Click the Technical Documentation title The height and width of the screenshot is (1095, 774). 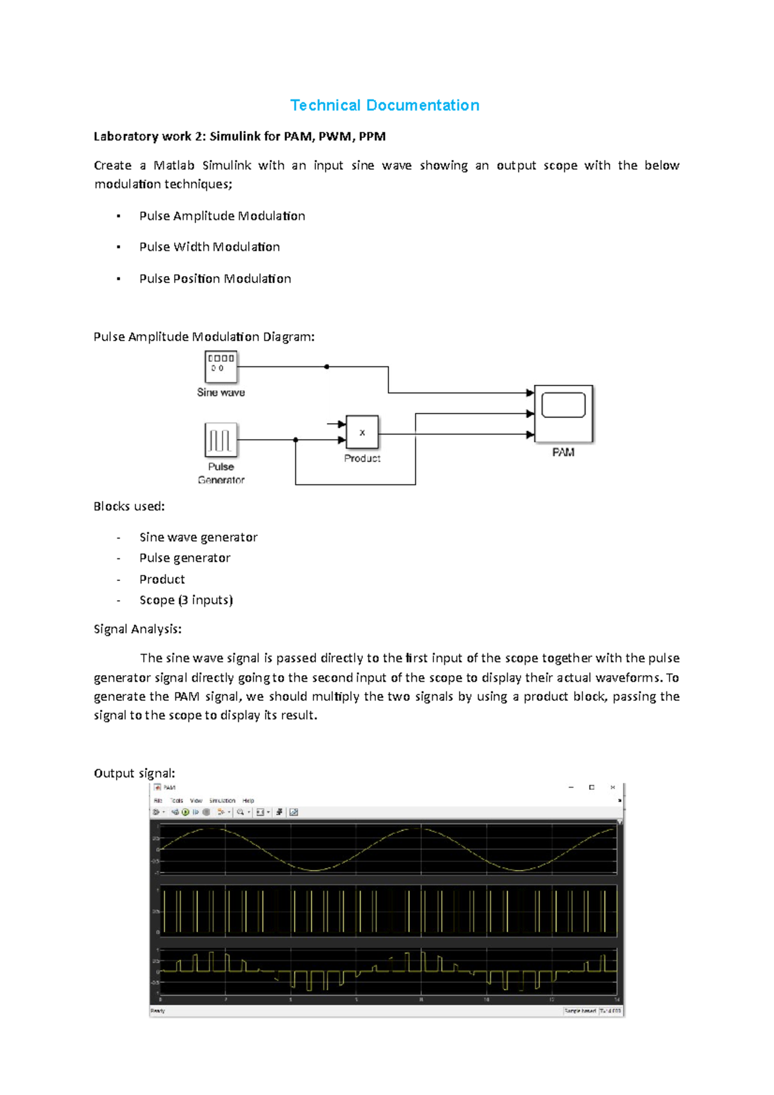(x=384, y=105)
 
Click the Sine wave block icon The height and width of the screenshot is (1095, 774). (x=221, y=367)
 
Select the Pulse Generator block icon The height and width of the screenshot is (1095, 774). (x=221, y=440)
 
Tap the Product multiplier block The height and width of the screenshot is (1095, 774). (x=362, y=432)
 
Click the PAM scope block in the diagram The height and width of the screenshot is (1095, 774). (x=563, y=413)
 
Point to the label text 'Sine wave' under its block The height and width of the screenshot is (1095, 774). (x=221, y=392)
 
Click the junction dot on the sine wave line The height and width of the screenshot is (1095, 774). (x=327, y=366)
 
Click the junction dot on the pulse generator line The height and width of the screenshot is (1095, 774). (x=295, y=440)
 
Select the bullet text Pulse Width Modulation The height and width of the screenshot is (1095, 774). (x=210, y=247)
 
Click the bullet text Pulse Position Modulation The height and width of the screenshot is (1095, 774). (x=215, y=279)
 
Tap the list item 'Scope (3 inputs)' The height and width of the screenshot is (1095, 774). (x=186, y=600)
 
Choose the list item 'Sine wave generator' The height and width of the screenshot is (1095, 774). (x=198, y=537)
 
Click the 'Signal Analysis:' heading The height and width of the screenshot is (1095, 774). (x=137, y=629)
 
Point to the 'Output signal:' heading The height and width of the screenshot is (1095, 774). (x=134, y=773)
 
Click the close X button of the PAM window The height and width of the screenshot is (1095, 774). (x=613, y=787)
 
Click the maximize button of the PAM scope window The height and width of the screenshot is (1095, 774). (x=591, y=787)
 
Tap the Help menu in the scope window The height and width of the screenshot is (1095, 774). (x=248, y=800)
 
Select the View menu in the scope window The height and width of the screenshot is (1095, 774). (x=196, y=800)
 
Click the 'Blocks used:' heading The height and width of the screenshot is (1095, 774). (x=129, y=506)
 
